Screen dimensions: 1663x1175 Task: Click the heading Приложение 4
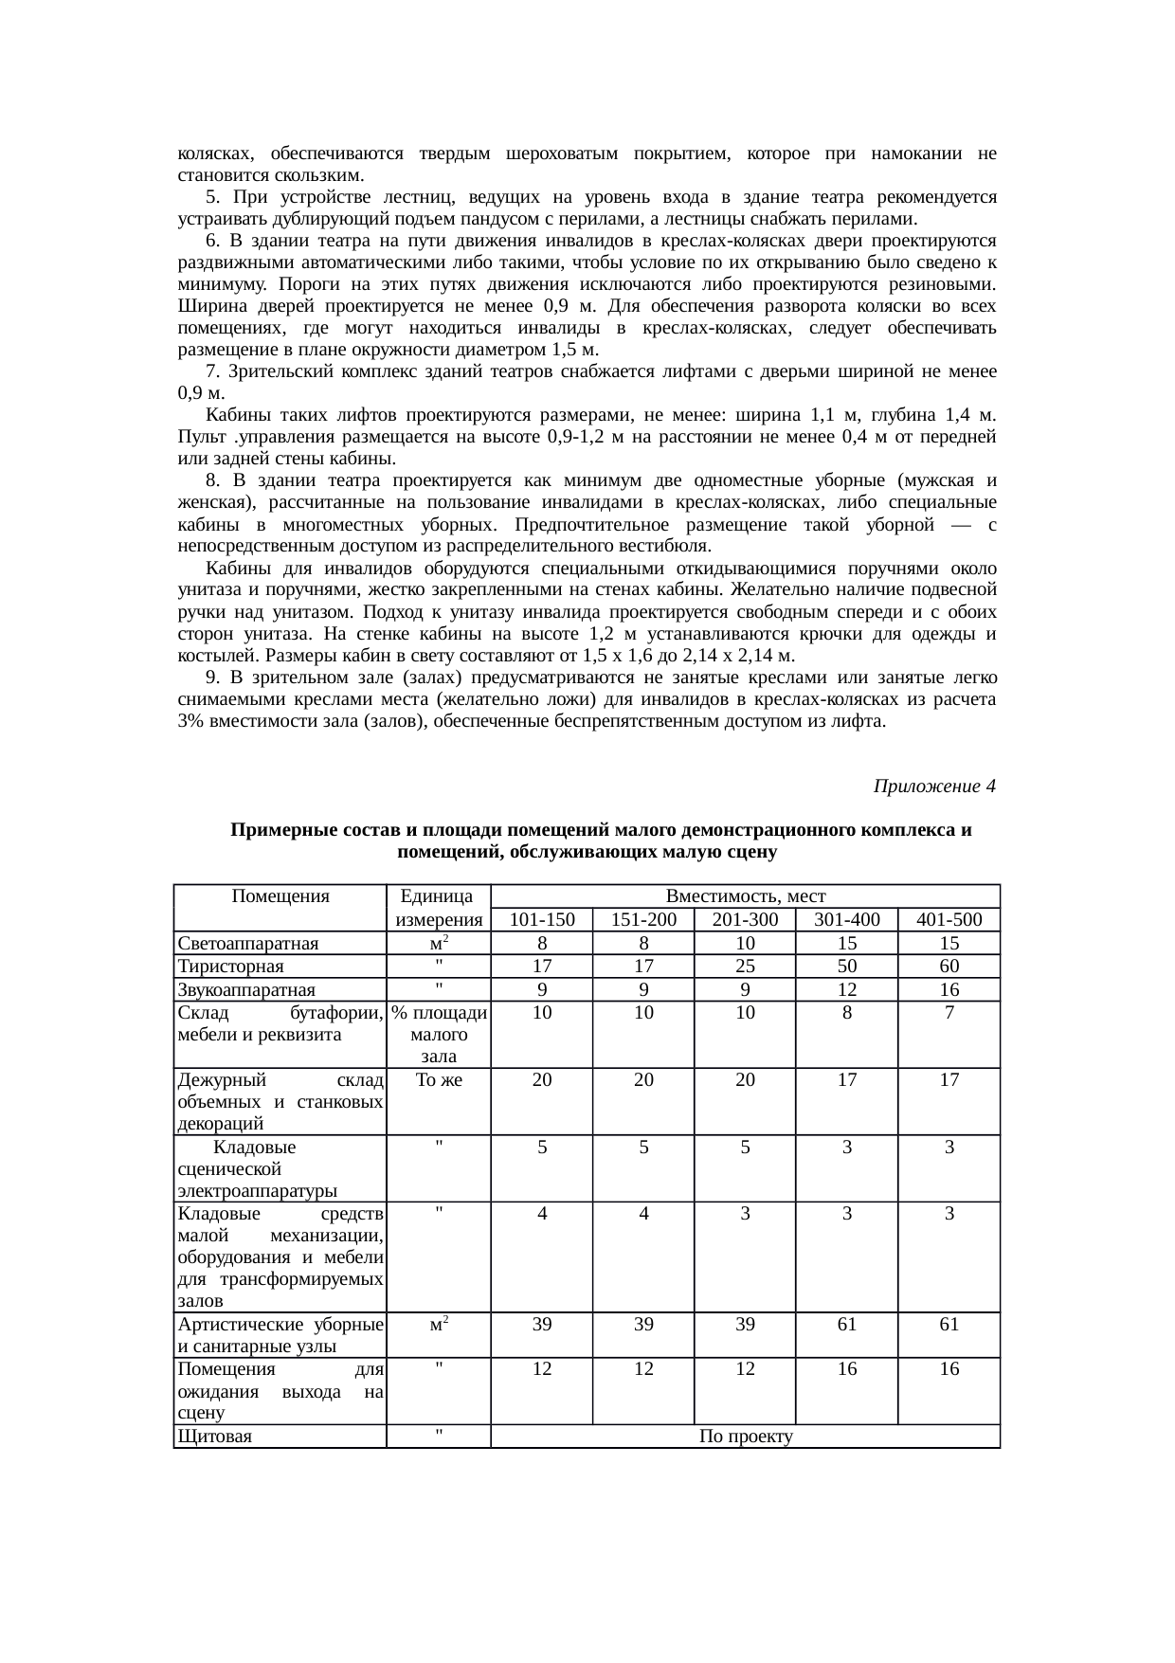coord(933,786)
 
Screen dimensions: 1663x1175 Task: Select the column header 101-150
coord(541,920)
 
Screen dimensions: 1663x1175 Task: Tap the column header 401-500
coord(949,920)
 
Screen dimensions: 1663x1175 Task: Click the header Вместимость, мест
coord(745,896)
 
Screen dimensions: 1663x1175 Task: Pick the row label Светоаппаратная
coord(247,944)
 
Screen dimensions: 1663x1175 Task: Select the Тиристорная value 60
coord(949,967)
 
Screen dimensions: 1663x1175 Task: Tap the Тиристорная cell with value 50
coord(846,967)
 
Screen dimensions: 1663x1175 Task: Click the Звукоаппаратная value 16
coord(949,990)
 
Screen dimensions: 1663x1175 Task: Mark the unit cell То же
coord(439,1079)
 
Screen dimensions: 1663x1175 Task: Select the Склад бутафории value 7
coord(949,1012)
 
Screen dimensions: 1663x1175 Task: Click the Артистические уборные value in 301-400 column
coord(846,1325)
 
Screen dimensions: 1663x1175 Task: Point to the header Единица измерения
coord(439,908)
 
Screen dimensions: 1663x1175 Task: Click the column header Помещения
coord(280,896)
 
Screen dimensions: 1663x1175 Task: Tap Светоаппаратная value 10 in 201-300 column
coord(745,944)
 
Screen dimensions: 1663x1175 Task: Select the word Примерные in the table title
coord(273,831)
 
